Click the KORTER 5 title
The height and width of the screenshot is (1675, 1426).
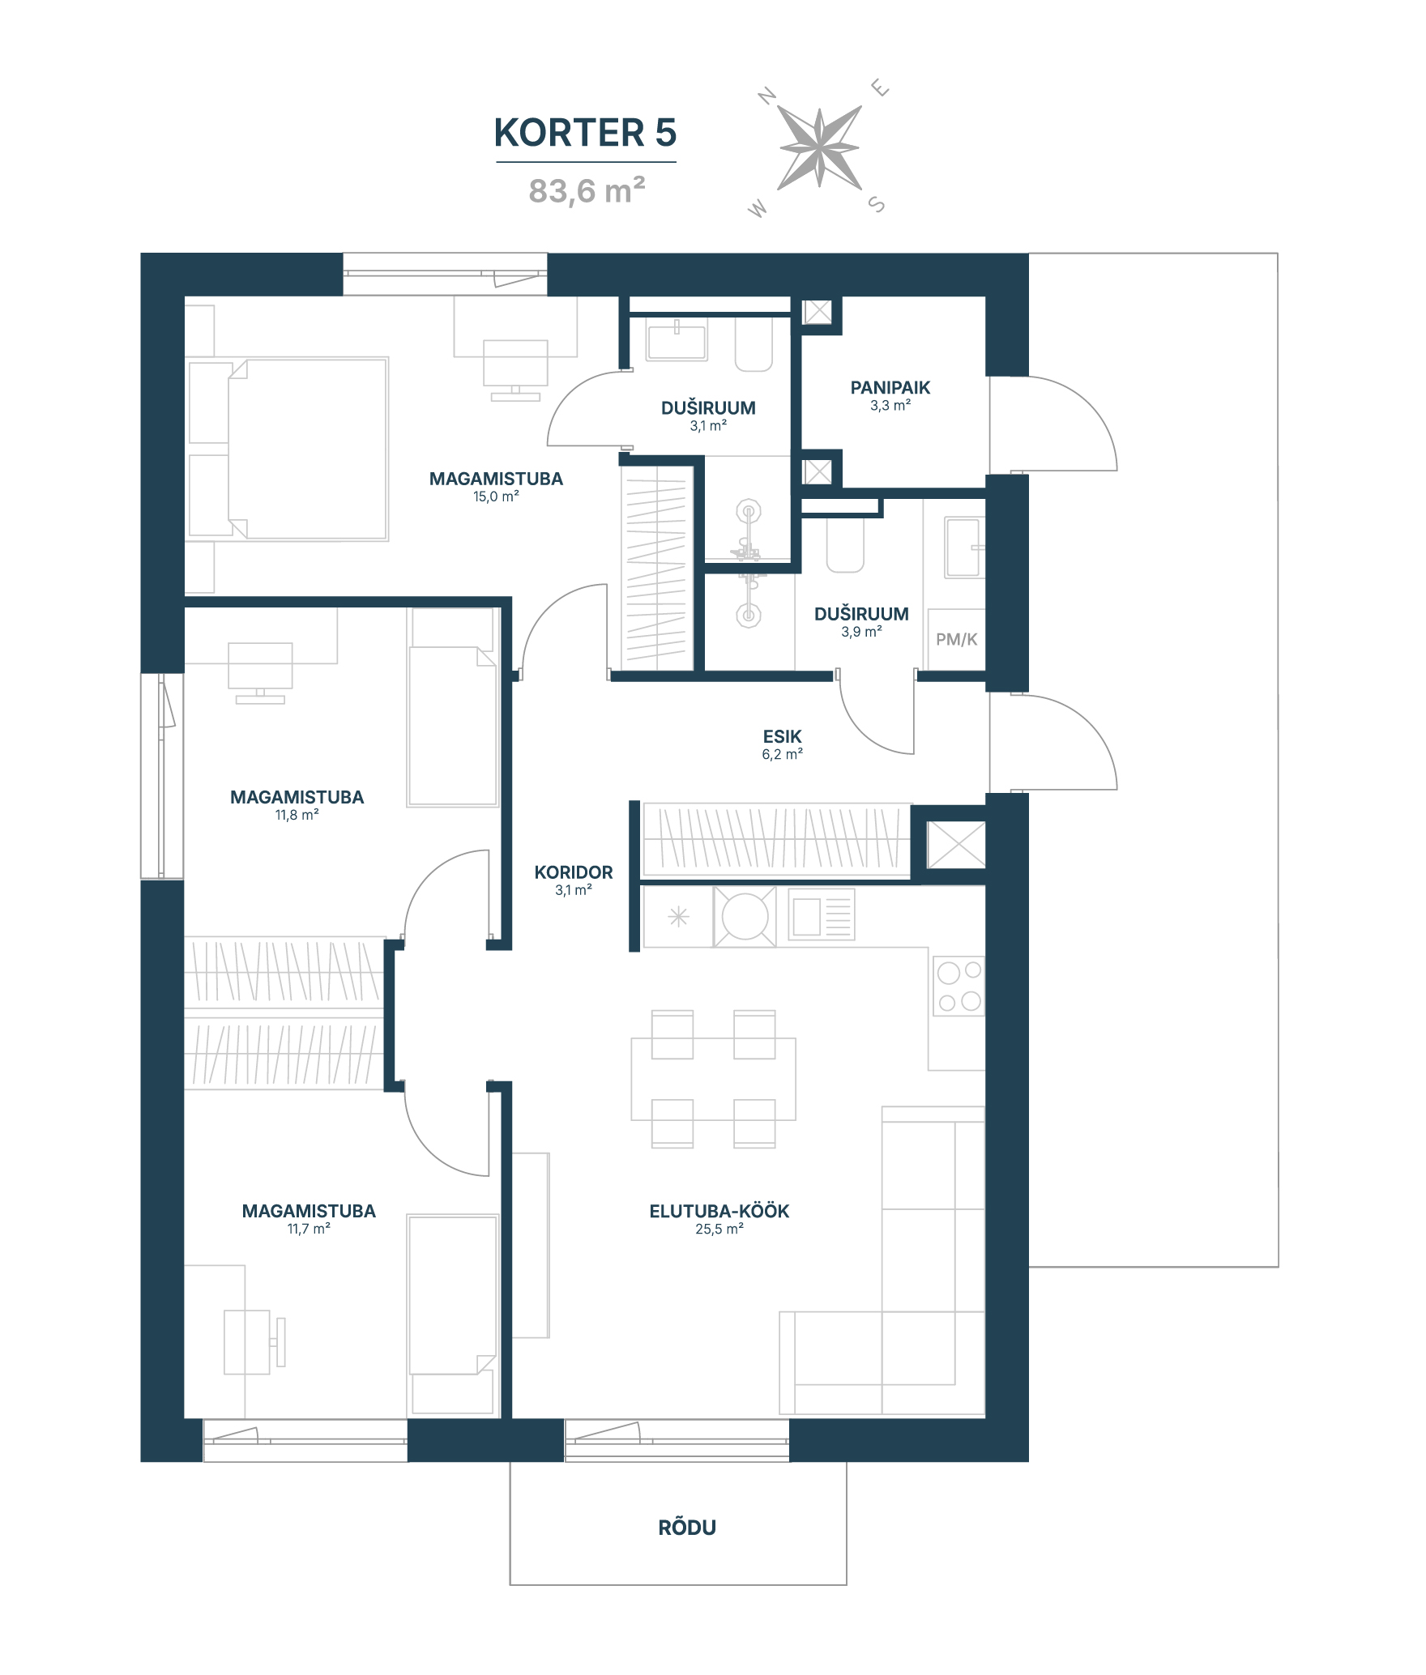coord(585,133)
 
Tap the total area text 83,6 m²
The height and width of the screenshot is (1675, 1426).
coord(587,191)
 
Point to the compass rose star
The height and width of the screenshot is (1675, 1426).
coord(819,147)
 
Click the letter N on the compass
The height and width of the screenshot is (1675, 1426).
coord(767,96)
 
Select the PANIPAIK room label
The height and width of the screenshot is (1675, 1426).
coord(890,388)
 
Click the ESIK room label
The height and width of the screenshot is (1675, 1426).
coord(782,736)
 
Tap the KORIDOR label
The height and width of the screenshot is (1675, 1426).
coord(574,872)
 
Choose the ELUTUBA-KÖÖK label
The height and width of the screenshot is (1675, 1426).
coord(719,1211)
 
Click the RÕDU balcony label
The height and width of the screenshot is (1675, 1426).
coord(687,1528)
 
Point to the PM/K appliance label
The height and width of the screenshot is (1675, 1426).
coord(957,639)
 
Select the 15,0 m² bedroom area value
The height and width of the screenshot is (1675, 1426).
coord(496,497)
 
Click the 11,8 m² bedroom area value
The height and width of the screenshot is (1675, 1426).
coord(297,815)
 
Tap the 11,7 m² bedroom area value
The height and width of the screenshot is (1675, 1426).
coord(309,1229)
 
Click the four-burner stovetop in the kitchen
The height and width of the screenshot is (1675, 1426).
coord(959,986)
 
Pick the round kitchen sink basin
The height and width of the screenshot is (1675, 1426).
coord(745,917)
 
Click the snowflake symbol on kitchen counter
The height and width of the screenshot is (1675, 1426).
coord(678,917)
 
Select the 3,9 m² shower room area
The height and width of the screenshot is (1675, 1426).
coord(861,632)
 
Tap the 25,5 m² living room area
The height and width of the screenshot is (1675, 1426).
coord(719,1229)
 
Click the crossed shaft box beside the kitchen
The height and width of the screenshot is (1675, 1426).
coord(956,845)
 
